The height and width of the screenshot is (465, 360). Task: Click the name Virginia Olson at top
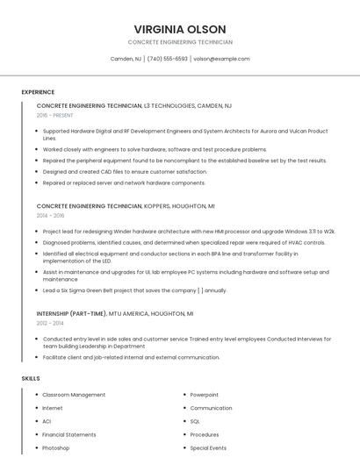click(180, 29)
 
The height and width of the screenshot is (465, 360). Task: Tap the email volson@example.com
click(221, 59)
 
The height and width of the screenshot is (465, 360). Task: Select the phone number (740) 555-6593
click(167, 59)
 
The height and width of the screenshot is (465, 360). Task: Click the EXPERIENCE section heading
click(38, 92)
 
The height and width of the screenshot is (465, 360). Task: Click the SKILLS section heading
click(31, 378)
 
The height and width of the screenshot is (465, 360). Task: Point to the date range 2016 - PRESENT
click(54, 115)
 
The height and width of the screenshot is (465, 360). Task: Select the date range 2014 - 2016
click(50, 215)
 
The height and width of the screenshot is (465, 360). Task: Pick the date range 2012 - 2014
click(50, 323)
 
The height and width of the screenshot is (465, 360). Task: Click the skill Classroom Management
click(74, 395)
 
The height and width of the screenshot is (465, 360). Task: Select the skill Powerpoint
click(205, 395)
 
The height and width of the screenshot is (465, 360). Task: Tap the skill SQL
click(195, 421)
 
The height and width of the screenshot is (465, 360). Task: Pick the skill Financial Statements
click(69, 434)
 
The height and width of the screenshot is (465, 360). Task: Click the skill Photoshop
click(55, 447)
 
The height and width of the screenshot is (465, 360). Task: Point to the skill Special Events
click(208, 447)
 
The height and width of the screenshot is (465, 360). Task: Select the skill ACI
click(47, 421)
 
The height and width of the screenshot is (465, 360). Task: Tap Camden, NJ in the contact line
click(126, 59)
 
